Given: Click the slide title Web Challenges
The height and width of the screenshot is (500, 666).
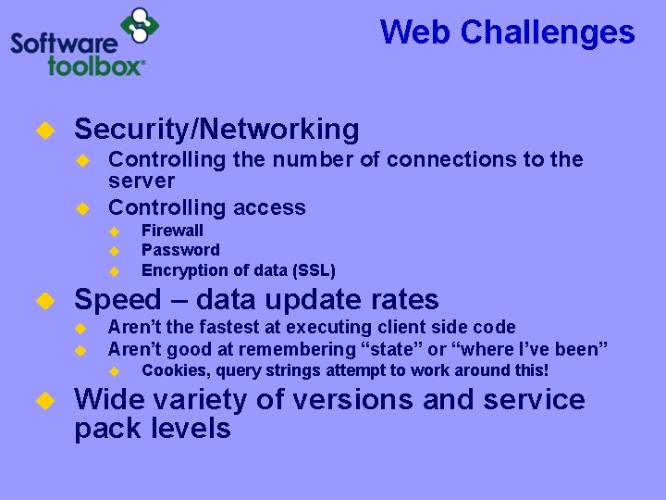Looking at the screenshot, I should (x=507, y=32).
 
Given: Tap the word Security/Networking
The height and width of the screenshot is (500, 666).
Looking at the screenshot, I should (x=216, y=130).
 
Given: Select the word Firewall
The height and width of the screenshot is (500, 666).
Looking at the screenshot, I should (x=172, y=231).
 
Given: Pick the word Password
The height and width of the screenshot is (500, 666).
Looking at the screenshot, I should (x=180, y=250).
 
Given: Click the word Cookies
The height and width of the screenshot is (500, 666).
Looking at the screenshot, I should (x=172, y=370).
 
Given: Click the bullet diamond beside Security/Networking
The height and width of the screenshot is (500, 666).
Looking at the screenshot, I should (x=43, y=130).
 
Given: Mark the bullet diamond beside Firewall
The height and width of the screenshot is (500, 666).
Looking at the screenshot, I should (x=115, y=231).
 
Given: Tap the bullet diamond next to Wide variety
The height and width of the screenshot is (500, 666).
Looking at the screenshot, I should (x=43, y=400).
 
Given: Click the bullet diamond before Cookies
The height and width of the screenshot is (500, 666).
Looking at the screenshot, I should (x=115, y=370).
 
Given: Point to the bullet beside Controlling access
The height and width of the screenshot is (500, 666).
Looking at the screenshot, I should (x=80, y=207).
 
